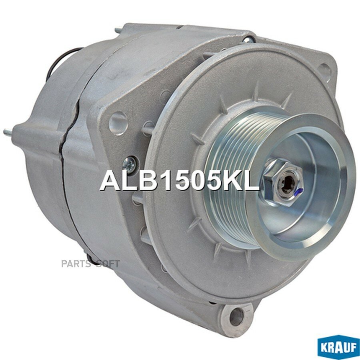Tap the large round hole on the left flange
[x=118, y=123]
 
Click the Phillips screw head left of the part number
[x=130, y=163]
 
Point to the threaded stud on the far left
[x=9, y=132]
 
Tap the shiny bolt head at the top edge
[x=248, y=39]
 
